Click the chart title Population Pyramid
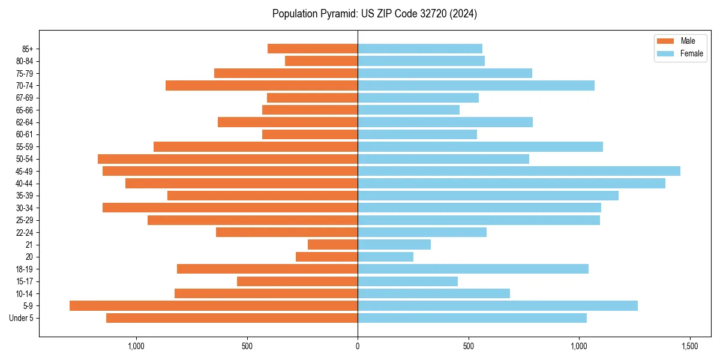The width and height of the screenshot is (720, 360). (x=374, y=14)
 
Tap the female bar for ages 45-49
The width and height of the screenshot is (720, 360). (x=519, y=171)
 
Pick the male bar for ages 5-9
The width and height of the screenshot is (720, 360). (x=214, y=305)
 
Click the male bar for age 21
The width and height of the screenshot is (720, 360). (x=332, y=244)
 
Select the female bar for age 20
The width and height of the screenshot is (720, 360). (x=385, y=257)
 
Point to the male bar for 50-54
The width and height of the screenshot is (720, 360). (x=227, y=159)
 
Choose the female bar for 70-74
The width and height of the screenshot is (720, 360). (x=476, y=85)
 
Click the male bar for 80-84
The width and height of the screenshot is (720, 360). (x=321, y=61)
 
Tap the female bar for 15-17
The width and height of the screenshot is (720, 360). (x=407, y=281)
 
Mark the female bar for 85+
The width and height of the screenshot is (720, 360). (x=420, y=49)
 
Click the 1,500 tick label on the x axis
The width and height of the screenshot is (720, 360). (x=689, y=346)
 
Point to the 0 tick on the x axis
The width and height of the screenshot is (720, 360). (x=358, y=346)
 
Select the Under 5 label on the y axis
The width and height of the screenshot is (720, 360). (x=21, y=318)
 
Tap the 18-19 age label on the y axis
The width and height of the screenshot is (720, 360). (x=25, y=269)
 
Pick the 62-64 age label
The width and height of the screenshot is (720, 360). (x=25, y=122)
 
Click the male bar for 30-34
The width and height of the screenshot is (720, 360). (x=230, y=208)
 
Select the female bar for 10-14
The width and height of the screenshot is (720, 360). (x=434, y=293)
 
